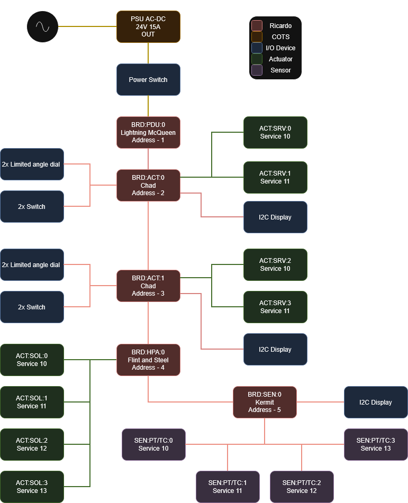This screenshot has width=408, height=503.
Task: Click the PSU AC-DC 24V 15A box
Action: (148, 26)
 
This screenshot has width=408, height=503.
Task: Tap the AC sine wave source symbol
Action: (42, 26)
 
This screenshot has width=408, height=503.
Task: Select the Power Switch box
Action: (148, 79)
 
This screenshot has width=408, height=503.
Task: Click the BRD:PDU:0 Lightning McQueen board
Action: (148, 132)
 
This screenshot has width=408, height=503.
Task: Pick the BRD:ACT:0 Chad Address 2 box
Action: (148, 185)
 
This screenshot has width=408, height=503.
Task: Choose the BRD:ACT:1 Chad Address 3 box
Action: (148, 286)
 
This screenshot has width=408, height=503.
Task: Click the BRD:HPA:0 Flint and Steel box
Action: (148, 360)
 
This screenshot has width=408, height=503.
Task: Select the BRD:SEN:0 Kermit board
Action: (265, 402)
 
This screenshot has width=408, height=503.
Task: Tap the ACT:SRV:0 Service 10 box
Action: (275, 132)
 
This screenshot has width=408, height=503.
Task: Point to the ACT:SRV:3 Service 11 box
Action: (275, 307)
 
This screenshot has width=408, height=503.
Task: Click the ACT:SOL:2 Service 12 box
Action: (32, 444)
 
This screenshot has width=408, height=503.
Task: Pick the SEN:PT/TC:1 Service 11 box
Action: (228, 487)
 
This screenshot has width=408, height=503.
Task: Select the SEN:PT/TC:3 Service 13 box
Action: (376, 444)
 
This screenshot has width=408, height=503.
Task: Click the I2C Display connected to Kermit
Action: (376, 402)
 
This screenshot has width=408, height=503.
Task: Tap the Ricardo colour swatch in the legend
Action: (257, 25)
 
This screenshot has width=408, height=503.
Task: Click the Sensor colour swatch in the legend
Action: (257, 70)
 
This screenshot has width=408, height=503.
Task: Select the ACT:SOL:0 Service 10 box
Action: (32, 360)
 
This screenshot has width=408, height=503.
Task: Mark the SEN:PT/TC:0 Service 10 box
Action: (153, 444)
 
